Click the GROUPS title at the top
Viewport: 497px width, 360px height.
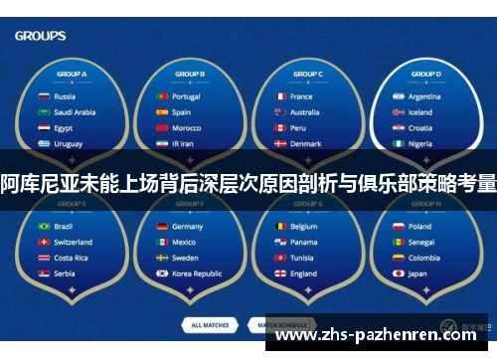(41, 36)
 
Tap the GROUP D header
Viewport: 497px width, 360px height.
(424, 75)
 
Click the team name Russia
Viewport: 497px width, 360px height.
(65, 96)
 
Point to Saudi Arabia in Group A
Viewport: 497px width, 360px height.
(74, 112)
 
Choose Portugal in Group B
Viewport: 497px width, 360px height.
(186, 96)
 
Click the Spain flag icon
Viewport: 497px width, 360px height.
(161, 112)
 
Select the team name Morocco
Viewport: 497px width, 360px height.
(186, 128)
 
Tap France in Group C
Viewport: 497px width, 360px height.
(301, 96)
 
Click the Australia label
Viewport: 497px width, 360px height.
(304, 112)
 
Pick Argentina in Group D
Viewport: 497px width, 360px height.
(424, 96)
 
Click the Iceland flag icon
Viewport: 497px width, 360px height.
(398, 112)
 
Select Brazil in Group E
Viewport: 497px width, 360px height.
(63, 226)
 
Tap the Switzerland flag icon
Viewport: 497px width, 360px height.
(43, 242)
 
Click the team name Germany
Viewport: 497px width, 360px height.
(187, 226)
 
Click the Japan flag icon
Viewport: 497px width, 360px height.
(398, 273)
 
